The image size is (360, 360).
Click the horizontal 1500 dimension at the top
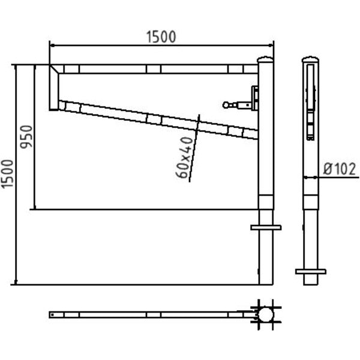tap(161, 37)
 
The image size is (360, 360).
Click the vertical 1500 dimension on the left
tap(7, 174)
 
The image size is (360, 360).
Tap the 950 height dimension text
tap(26, 137)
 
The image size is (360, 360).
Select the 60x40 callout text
tap(184, 157)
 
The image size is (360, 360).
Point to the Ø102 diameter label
tap(340, 169)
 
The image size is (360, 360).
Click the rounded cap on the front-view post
tap(265, 59)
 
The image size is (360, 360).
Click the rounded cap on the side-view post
tap(310, 59)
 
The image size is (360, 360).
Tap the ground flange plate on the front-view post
tap(266, 227)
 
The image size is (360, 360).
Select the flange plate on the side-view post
tap(310, 272)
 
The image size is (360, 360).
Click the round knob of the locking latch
tap(226, 105)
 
